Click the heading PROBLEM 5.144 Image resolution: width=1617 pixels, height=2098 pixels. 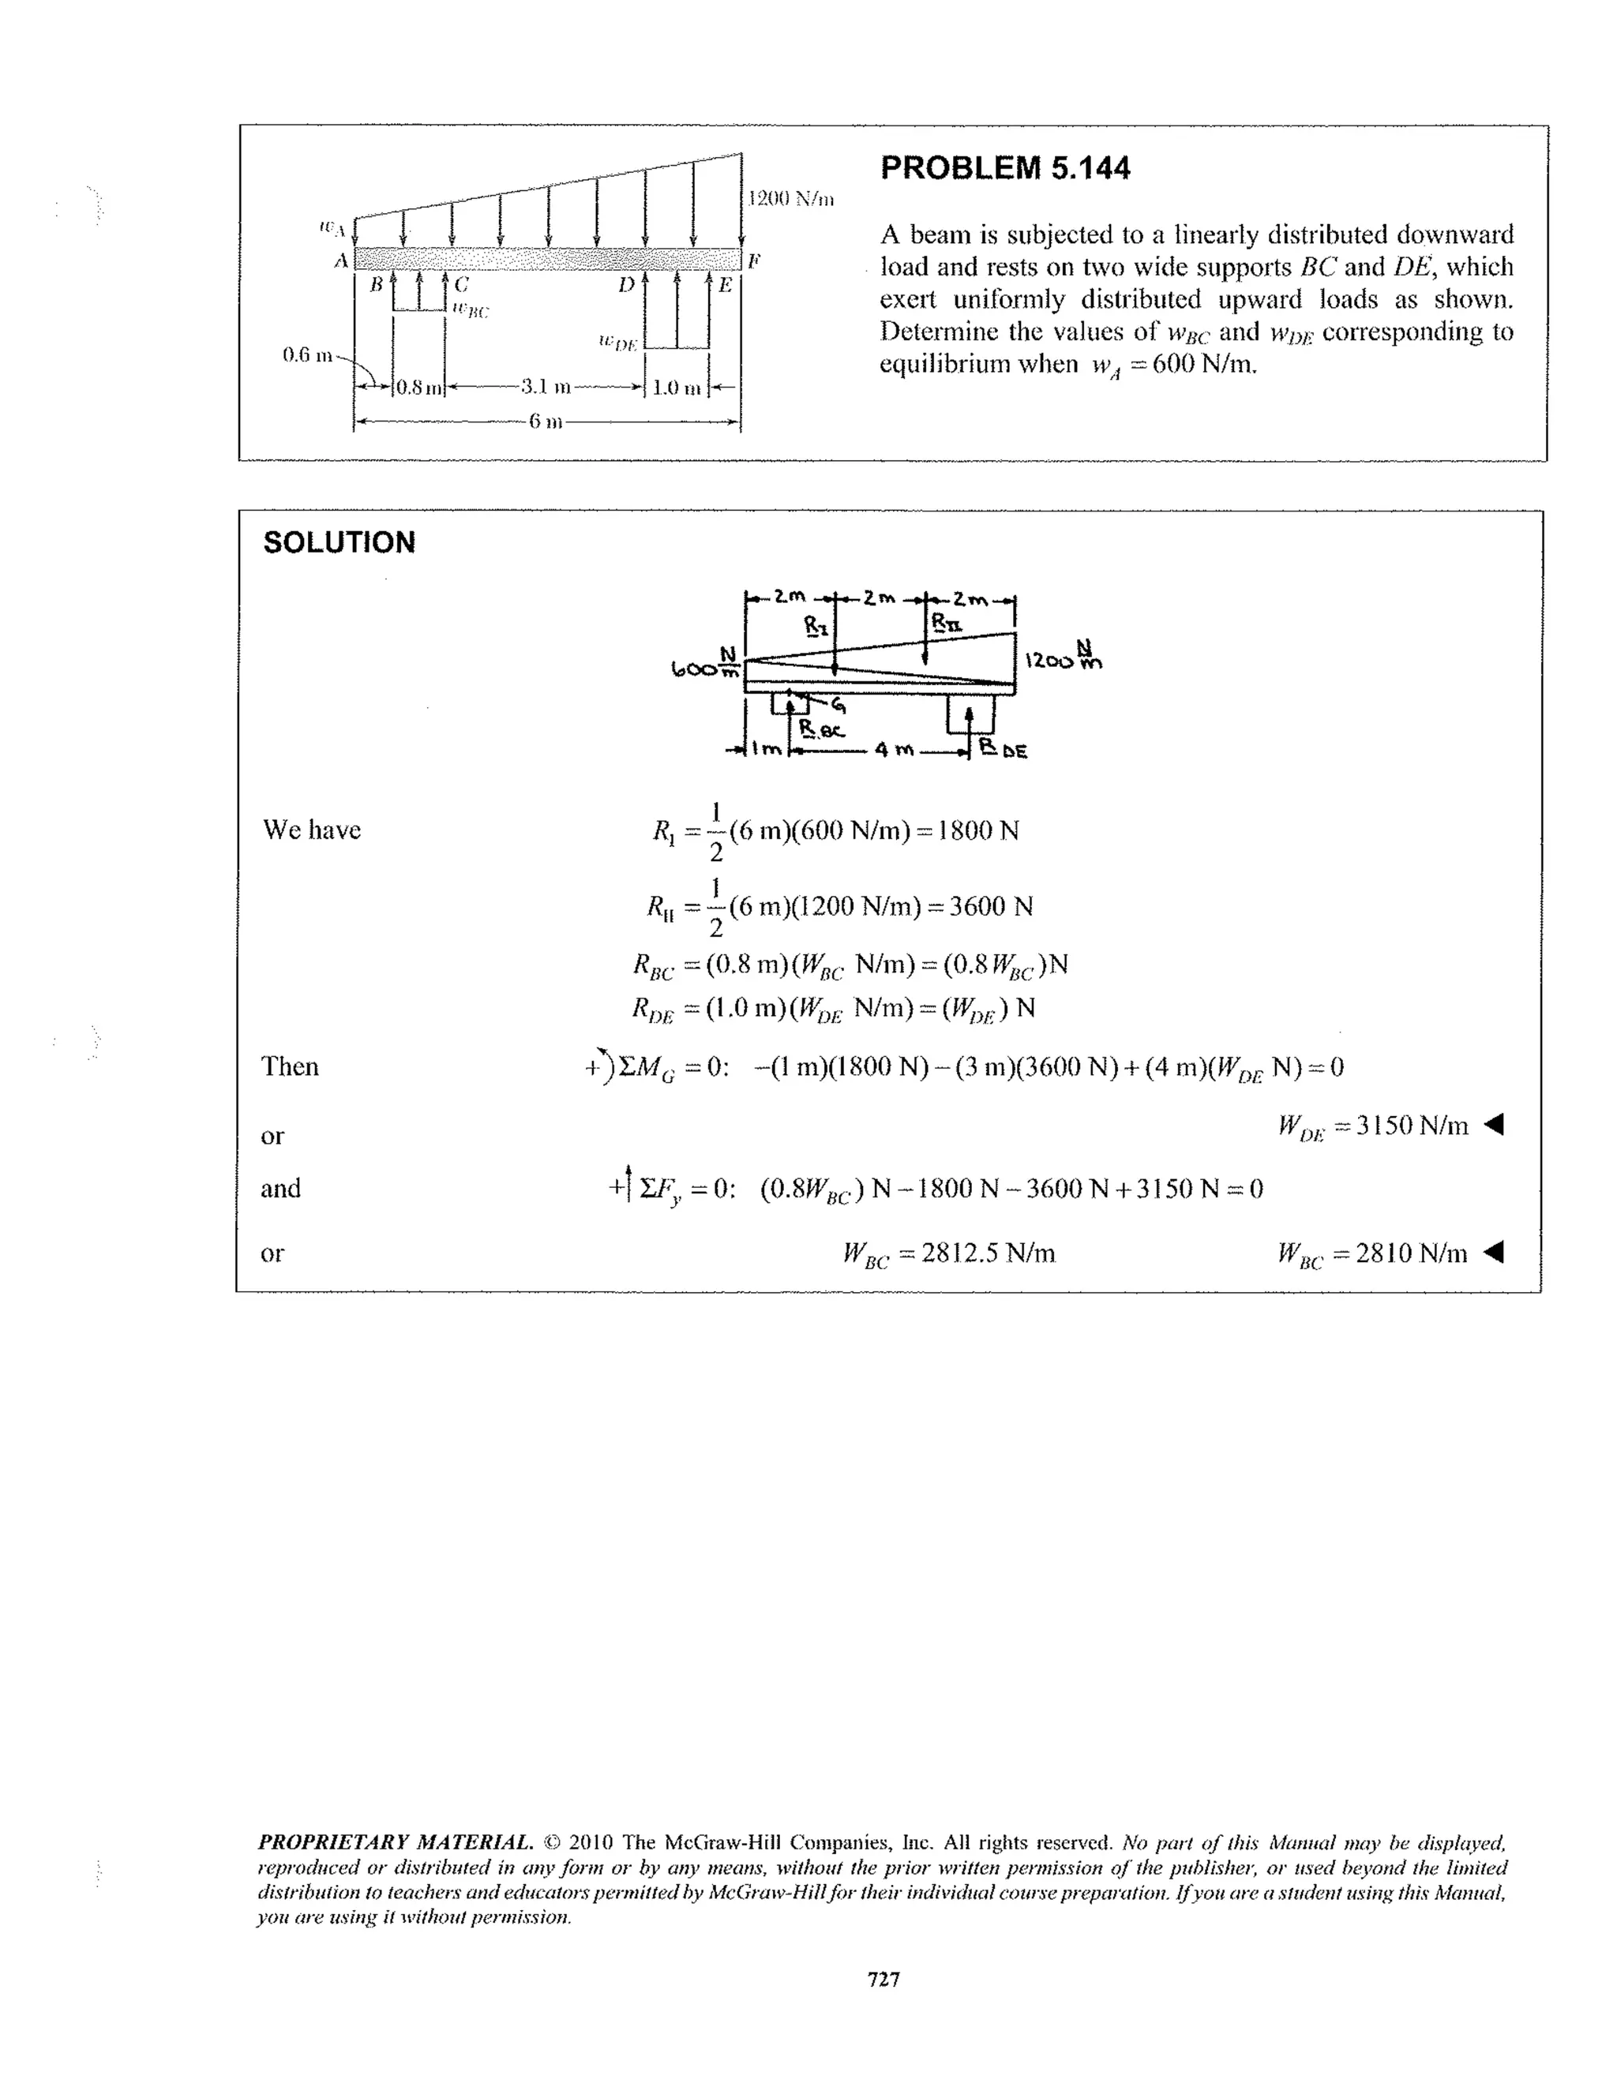pyautogui.click(x=1005, y=168)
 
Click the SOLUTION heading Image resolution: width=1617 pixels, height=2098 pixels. pyautogui.click(x=340, y=543)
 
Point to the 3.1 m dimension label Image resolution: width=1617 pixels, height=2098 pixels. pyautogui.click(x=546, y=388)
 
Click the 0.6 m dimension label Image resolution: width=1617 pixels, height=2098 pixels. pyautogui.click(x=306, y=354)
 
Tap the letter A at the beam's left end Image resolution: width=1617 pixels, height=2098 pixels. pyautogui.click(x=340, y=260)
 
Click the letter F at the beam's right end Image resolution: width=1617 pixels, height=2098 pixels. pyautogui.click(x=754, y=260)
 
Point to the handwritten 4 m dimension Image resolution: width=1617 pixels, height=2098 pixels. pyautogui.click(x=891, y=751)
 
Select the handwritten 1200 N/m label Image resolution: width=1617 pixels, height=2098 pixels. pyautogui.click(x=1063, y=657)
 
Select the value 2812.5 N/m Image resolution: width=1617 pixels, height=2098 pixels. pyautogui.click(x=988, y=1253)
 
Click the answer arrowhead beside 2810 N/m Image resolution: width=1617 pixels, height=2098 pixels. pyautogui.click(x=1492, y=1253)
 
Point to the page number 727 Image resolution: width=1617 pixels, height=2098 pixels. pyautogui.click(x=883, y=1979)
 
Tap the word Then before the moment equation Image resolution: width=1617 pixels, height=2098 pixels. pyautogui.click(x=290, y=1066)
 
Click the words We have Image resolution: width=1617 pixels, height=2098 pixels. pyautogui.click(x=311, y=830)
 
